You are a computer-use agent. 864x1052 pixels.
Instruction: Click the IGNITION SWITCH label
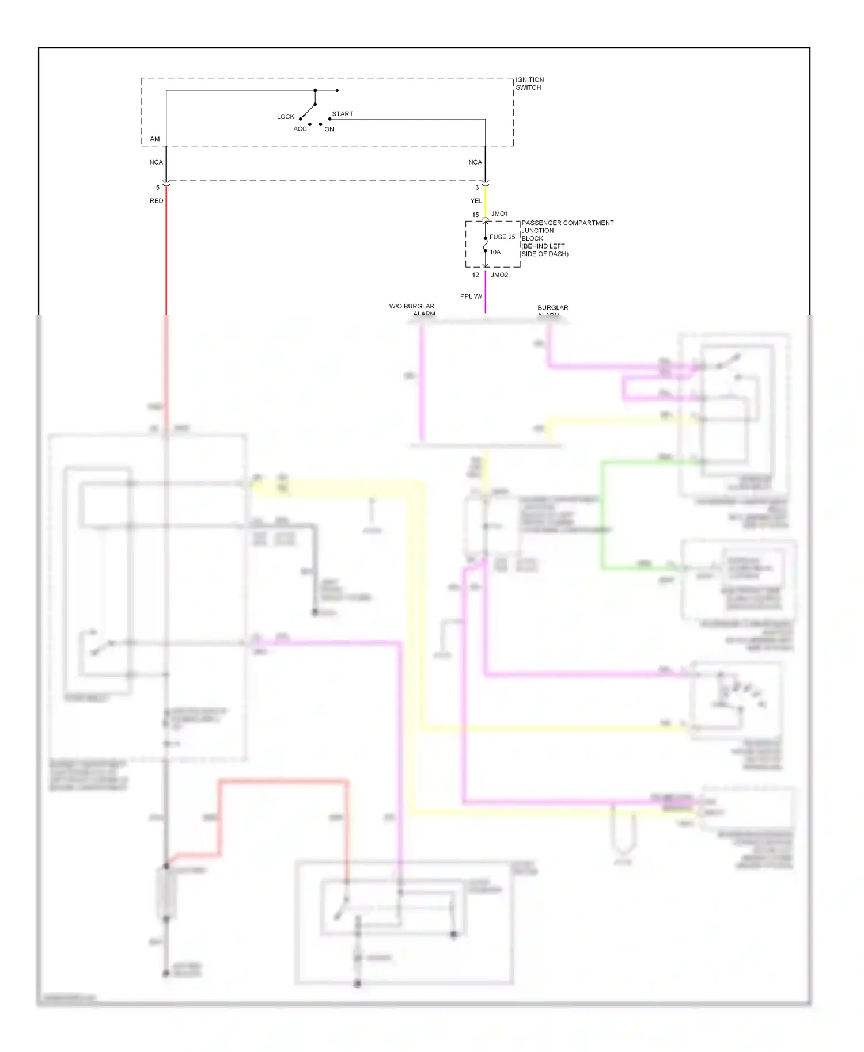click(x=529, y=83)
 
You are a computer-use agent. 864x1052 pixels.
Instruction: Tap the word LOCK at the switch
click(x=285, y=117)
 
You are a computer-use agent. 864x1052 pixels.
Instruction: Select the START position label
click(x=342, y=114)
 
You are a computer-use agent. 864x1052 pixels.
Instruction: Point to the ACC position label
click(x=300, y=129)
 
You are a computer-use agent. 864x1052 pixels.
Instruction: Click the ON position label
click(x=329, y=129)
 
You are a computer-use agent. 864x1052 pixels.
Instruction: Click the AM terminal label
click(x=154, y=139)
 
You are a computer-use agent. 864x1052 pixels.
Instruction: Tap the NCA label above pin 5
click(x=156, y=162)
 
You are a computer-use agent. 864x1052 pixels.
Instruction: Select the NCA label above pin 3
click(x=475, y=162)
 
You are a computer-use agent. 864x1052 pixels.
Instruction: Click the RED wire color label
click(x=156, y=201)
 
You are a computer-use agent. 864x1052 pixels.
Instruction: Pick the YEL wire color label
click(x=476, y=201)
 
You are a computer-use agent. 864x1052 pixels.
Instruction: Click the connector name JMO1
click(x=499, y=214)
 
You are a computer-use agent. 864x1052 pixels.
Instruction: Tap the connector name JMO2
click(x=499, y=275)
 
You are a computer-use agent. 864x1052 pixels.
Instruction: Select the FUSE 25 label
click(x=502, y=237)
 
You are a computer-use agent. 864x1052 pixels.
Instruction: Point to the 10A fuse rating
click(x=495, y=252)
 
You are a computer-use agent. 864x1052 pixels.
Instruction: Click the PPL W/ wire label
click(x=471, y=296)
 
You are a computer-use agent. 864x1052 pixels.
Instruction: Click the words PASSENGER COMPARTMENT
click(x=567, y=223)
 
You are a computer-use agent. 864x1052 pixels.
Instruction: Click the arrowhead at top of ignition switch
click(x=338, y=90)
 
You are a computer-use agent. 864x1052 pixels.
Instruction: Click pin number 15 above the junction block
click(x=475, y=215)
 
